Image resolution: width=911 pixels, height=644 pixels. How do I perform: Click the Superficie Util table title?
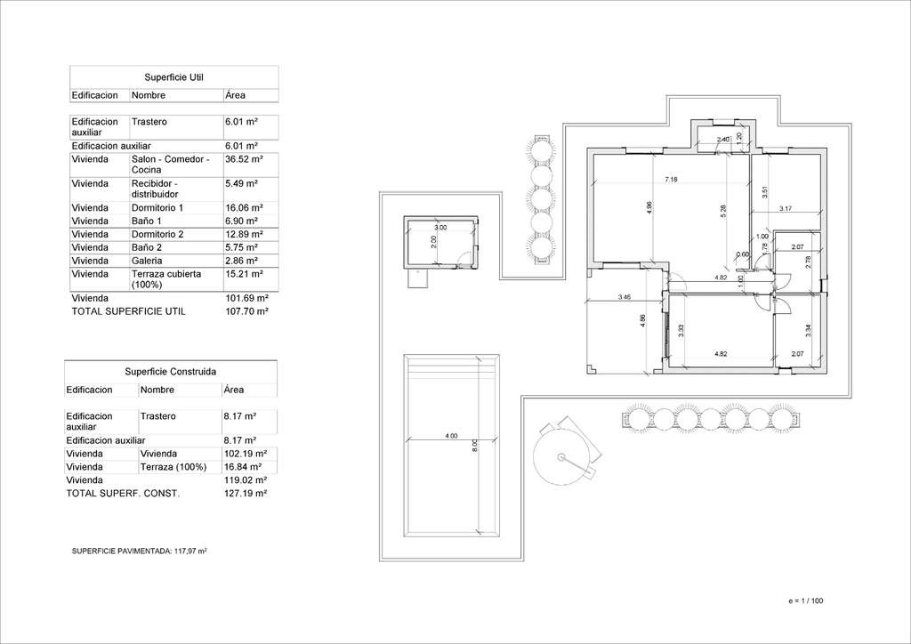click(x=173, y=77)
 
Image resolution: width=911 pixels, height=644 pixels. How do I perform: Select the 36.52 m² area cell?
click(x=244, y=159)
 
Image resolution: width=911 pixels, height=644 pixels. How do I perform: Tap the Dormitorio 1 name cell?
click(x=157, y=208)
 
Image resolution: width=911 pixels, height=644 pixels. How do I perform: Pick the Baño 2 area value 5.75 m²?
click(x=241, y=248)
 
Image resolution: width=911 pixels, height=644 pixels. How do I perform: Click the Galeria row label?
click(x=147, y=262)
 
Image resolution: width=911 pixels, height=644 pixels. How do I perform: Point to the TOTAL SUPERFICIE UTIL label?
click(x=128, y=312)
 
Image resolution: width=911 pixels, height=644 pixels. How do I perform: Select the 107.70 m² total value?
click(x=246, y=312)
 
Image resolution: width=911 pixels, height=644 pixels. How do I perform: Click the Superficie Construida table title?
click(x=170, y=372)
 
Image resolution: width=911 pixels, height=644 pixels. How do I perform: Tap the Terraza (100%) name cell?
click(x=173, y=467)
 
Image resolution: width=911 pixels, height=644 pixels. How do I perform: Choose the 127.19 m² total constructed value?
click(x=246, y=494)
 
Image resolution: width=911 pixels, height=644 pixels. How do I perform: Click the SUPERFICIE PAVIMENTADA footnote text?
click(x=140, y=551)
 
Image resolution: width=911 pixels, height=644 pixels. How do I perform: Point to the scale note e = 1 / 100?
click(x=806, y=601)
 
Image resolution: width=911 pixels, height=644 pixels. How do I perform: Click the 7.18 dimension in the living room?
click(x=671, y=180)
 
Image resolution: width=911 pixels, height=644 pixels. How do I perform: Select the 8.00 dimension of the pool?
click(x=475, y=446)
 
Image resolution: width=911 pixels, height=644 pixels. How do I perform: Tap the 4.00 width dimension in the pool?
click(x=451, y=436)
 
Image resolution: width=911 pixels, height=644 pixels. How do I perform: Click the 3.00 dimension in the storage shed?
click(x=440, y=228)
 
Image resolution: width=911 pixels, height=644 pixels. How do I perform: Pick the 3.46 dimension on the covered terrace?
click(x=625, y=297)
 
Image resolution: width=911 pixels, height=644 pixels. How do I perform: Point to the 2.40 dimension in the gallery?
click(x=722, y=140)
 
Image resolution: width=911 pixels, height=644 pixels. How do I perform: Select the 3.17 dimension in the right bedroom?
click(x=786, y=208)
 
